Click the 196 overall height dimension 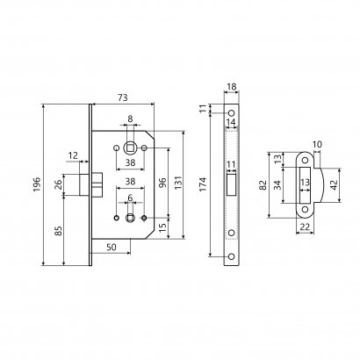coord(37,184)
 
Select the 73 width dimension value coord(123,97)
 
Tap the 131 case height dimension coord(178,183)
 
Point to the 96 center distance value coord(163,183)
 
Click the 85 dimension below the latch coord(59,231)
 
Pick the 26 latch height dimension coord(59,184)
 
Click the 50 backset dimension coord(112,248)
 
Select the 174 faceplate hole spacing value coord(203,184)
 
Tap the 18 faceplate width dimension coord(232,87)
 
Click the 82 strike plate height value coord(263,184)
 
